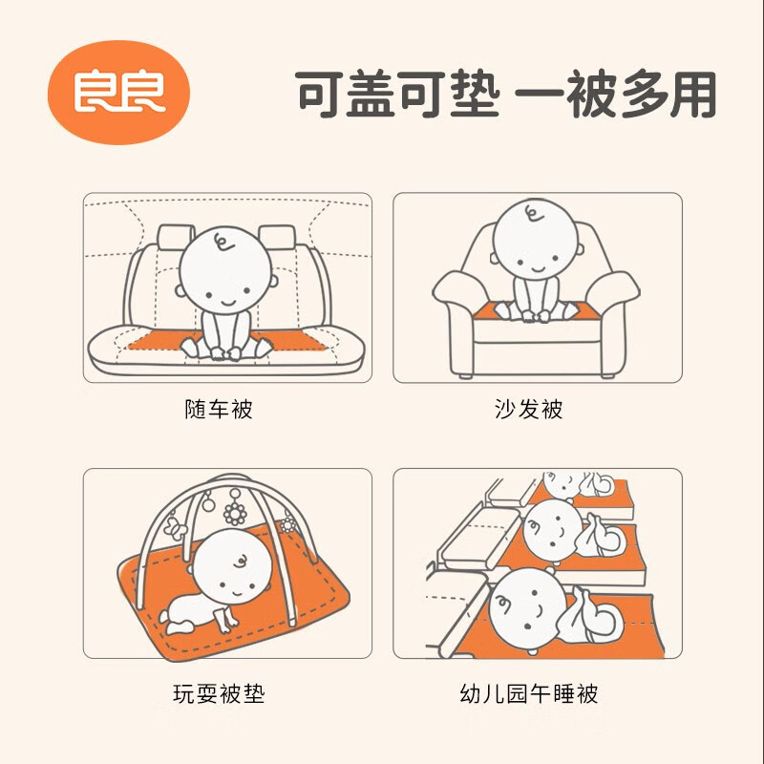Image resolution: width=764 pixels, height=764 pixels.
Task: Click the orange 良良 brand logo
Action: point(119,92)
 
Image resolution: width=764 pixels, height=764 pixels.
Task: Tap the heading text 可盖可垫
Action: point(397,95)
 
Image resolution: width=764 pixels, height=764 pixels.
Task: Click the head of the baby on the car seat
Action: point(226,268)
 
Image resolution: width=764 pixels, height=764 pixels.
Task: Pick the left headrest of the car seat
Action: point(174,238)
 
